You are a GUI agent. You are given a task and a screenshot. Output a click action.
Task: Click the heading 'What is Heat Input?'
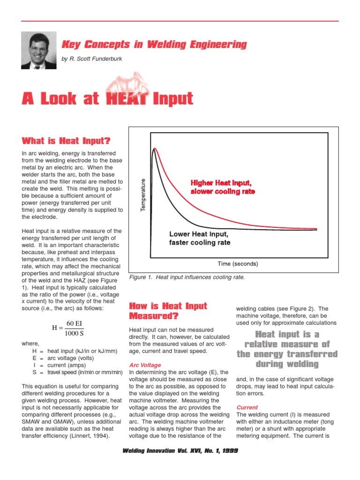[x=66, y=141]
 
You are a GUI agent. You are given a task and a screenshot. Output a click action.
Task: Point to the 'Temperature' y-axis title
[x=144, y=195]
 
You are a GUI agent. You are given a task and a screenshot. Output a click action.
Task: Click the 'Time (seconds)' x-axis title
[x=238, y=263]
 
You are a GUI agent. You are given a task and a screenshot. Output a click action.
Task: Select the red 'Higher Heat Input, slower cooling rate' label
[x=222, y=187]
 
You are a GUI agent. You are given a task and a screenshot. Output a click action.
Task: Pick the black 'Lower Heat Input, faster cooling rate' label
[x=200, y=238]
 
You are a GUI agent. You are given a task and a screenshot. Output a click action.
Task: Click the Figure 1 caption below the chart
[x=187, y=277]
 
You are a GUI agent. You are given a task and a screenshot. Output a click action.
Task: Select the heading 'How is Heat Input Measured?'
[x=167, y=311]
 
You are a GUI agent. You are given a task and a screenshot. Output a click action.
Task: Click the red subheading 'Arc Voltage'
[x=144, y=365]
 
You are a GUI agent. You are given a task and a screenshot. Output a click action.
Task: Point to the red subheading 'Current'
[x=247, y=407]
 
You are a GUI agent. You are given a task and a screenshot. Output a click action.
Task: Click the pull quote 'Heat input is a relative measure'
[x=287, y=349]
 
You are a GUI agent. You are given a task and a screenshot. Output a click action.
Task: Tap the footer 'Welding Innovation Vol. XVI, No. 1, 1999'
[x=180, y=450]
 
